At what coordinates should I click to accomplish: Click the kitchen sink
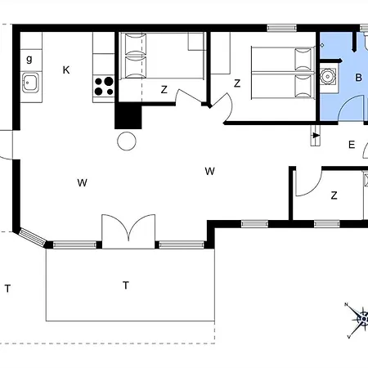pos(30,83)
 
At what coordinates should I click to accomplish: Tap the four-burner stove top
pos(104,86)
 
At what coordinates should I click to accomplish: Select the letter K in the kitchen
pos(66,70)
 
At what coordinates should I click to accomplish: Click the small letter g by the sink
pos(29,59)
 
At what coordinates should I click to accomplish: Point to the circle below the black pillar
pos(127,141)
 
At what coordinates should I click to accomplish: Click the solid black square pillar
pos(128,117)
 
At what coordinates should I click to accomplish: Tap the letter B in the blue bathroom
pos(358,78)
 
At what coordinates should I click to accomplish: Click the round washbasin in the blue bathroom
pos(326,76)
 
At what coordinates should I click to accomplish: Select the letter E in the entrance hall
pos(352,145)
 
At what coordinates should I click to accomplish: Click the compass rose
pos(361,319)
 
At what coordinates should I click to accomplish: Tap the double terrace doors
pos(128,231)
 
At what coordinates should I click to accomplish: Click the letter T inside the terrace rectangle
pos(125,285)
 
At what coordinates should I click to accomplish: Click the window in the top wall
pos(281,28)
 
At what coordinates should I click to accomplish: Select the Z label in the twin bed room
pos(164,90)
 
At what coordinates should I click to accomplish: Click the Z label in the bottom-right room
pos(334,195)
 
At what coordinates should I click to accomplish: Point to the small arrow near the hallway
pos(316,135)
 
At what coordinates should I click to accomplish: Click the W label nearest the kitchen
pos(82,182)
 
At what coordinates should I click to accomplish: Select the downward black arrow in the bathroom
pos(354,43)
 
